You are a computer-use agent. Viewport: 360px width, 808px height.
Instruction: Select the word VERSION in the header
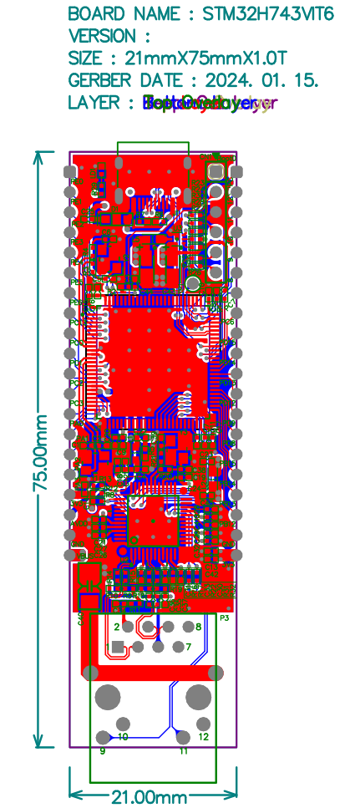click(x=101, y=36)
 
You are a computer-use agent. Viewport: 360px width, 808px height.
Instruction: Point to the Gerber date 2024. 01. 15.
click(x=256, y=80)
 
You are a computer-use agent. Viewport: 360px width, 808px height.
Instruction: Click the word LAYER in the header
click(x=92, y=103)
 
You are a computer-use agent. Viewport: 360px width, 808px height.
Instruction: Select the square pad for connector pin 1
click(x=118, y=647)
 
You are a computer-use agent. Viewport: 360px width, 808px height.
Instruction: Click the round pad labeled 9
click(x=104, y=737)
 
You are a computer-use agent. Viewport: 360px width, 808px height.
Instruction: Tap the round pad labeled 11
click(x=183, y=737)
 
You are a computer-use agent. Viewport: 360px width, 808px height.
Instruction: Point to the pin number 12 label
click(x=204, y=736)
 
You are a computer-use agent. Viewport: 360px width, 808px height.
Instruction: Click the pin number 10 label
click(x=123, y=736)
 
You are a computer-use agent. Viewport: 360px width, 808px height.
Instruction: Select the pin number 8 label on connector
click(x=198, y=626)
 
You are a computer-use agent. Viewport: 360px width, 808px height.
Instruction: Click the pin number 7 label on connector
click(x=189, y=647)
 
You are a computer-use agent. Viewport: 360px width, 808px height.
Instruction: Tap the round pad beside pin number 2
click(x=127, y=626)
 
